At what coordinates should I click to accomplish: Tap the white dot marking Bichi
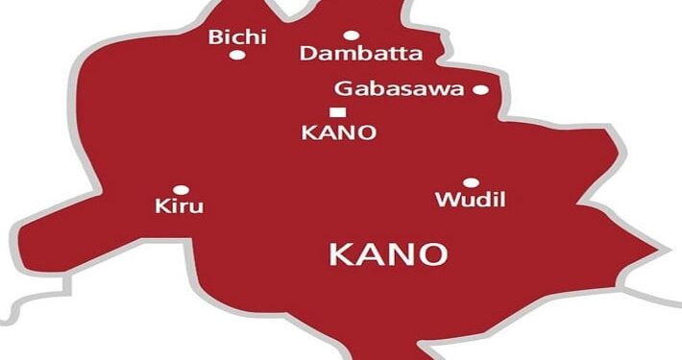[x=237, y=56]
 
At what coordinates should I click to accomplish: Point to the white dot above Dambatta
[x=351, y=36]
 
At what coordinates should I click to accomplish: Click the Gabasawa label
[x=399, y=89]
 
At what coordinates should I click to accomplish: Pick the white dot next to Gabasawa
[x=480, y=90]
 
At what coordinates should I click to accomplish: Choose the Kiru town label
[x=180, y=205]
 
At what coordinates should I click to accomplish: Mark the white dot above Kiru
[x=181, y=189]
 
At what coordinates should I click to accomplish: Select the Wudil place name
[x=470, y=200]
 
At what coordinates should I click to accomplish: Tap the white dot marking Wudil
[x=471, y=182]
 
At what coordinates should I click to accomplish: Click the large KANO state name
[x=388, y=254]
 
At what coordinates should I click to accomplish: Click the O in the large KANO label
[x=432, y=254]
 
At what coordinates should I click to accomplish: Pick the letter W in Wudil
[x=447, y=200]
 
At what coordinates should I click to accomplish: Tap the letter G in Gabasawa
[x=342, y=89]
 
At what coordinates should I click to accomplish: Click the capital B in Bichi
[x=214, y=37]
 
